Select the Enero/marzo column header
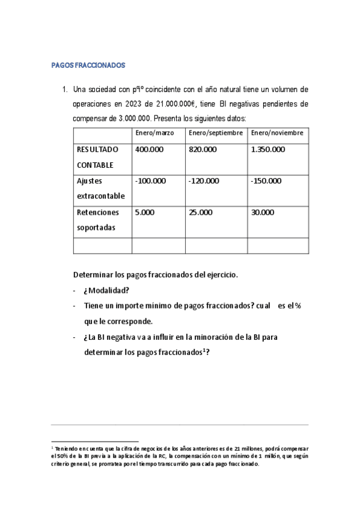coord(154,133)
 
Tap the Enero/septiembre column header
coord(216,133)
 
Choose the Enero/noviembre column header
coord(277,133)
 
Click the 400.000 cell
coord(150,149)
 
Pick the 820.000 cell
coord(203,149)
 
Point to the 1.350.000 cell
coord(268,149)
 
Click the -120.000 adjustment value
coord(204,180)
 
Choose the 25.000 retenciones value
coord(200,212)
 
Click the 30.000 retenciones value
coord(263,212)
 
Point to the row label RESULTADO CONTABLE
coord(98,157)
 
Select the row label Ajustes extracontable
coord(101,188)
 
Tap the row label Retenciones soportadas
coord(98,220)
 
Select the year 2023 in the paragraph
coord(135,103)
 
